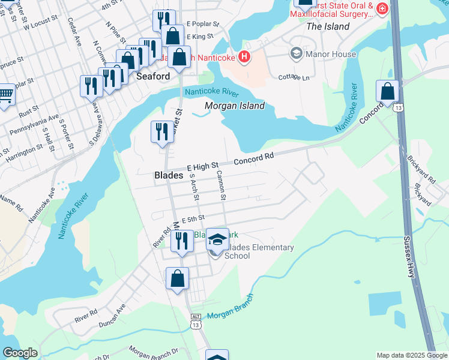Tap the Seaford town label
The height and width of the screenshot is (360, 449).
pos(153,77)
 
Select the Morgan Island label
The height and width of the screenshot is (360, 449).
pos(235,106)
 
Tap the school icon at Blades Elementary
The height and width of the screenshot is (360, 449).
pos(217,239)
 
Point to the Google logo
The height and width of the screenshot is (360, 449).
pos(20,353)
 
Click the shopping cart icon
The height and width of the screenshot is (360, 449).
pos(5,94)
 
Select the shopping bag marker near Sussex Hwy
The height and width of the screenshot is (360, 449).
pos(388,92)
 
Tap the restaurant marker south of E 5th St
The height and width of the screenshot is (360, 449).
pos(182,241)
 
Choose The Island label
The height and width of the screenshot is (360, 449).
pos(328,26)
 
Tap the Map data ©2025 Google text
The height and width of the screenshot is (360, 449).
pos(411,355)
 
